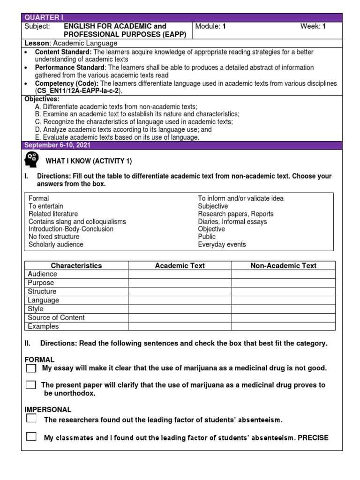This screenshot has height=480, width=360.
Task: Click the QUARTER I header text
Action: pyautogui.click(x=40, y=18)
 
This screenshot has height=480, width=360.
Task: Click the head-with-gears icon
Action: pyautogui.click(x=31, y=160)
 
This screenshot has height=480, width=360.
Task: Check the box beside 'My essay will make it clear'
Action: pyautogui.click(x=31, y=368)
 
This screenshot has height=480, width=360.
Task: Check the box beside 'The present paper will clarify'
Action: pyautogui.click(x=31, y=385)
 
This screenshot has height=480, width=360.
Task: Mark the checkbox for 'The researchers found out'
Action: pyautogui.click(x=31, y=419)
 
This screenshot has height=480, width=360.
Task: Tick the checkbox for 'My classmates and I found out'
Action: pyautogui.click(x=31, y=437)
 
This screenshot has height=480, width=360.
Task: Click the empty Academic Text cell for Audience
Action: pyautogui.click(x=180, y=274)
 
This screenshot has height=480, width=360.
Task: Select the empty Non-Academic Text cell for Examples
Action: pyautogui.click(x=283, y=326)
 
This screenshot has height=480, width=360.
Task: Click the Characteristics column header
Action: pyautogui.click(x=76, y=266)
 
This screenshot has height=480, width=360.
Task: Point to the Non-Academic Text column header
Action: pyautogui.click(x=283, y=266)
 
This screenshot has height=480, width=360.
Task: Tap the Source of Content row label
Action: pyautogui.click(x=56, y=318)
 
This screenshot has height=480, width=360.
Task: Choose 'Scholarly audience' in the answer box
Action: pyautogui.click(x=56, y=245)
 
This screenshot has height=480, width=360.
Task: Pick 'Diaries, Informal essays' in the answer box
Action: pyautogui.click(x=232, y=222)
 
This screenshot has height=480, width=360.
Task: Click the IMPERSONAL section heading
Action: pyautogui.click(x=48, y=410)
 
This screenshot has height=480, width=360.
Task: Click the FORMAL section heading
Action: pyautogui.click(x=39, y=360)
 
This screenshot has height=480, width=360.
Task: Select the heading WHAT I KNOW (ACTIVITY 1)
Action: pyautogui.click(x=89, y=161)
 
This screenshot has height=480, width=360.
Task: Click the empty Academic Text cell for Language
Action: pyautogui.click(x=180, y=300)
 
